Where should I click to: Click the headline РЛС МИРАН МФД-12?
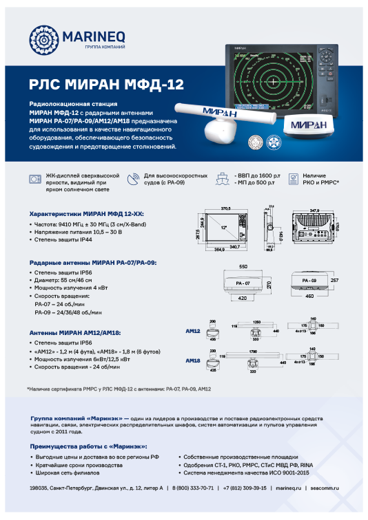[x=106, y=85]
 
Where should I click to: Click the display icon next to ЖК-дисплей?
[x=35, y=179]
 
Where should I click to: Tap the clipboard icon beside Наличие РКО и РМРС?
[x=294, y=179]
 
